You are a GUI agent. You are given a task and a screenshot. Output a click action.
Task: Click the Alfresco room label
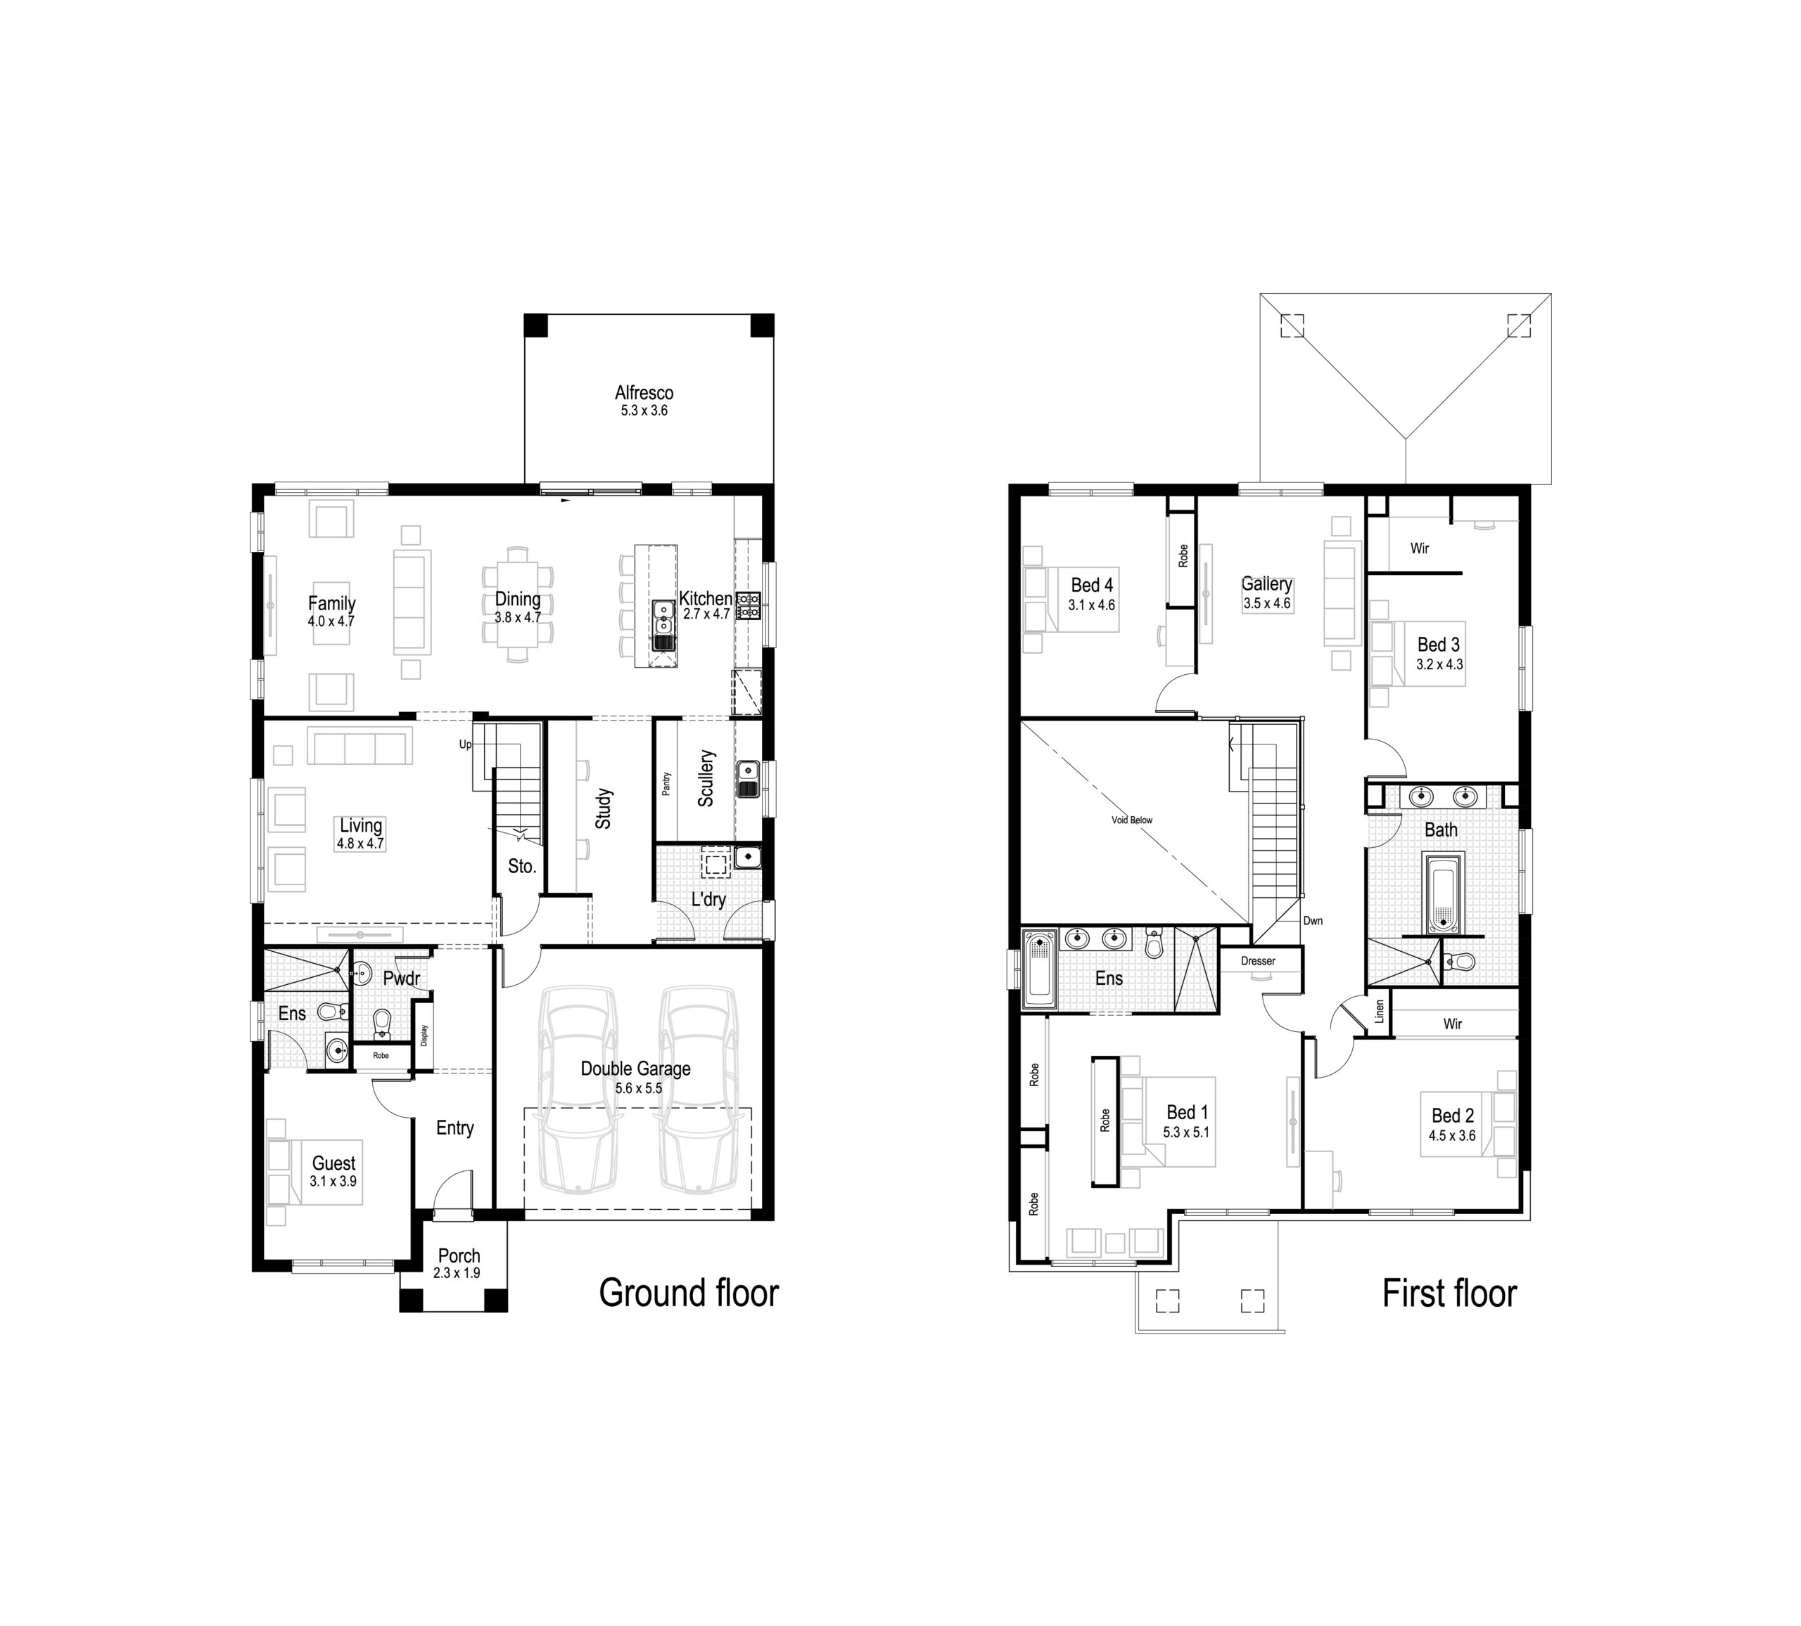(643, 393)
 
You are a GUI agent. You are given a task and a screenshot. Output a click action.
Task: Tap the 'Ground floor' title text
(688, 1293)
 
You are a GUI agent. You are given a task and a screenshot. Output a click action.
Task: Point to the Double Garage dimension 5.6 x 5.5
(638, 1088)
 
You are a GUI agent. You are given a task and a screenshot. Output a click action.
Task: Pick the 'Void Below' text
(1131, 820)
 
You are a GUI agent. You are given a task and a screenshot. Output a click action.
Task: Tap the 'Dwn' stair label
(1312, 921)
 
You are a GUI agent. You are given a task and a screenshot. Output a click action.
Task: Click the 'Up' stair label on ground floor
(464, 744)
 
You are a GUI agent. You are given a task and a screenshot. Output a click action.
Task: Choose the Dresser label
(1258, 961)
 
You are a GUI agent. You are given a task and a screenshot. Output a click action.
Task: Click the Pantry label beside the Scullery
(666, 783)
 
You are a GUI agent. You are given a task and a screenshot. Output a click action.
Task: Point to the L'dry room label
(708, 899)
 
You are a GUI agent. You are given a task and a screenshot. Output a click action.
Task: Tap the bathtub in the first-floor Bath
(1442, 893)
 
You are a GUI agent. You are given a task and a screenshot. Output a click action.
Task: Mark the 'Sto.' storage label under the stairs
(522, 866)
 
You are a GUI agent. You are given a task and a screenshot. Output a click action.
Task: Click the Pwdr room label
(401, 979)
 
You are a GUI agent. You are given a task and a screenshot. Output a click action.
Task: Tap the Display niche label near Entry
(424, 1035)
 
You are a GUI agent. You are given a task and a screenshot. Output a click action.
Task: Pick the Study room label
(604, 808)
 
